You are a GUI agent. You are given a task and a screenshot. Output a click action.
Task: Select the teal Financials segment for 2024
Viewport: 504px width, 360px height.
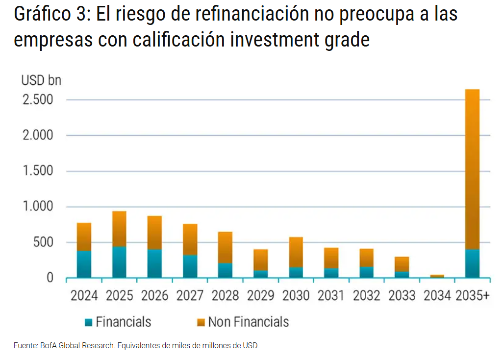[84, 264]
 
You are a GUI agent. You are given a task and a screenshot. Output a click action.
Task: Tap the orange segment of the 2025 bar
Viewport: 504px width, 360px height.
[119, 229]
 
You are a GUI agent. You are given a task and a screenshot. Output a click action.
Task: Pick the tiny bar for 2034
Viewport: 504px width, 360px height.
[437, 276]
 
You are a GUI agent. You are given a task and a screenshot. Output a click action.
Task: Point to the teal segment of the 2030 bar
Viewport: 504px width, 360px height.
[296, 272]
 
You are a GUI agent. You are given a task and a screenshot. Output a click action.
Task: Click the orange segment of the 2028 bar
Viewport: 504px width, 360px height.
[225, 247]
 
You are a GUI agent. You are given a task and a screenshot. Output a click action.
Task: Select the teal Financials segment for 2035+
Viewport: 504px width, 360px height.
[472, 264]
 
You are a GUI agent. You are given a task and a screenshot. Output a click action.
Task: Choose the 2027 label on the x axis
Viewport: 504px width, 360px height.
[190, 296]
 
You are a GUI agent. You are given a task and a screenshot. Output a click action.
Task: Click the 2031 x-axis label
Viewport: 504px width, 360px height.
[331, 296]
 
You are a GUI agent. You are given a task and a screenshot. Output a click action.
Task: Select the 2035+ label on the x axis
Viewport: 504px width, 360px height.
[473, 296]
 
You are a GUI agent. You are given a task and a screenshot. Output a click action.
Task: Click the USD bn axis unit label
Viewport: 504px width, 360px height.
[41, 80]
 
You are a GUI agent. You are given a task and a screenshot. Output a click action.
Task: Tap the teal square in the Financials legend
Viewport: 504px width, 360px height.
[88, 322]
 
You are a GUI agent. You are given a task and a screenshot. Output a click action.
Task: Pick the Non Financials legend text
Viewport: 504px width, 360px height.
[249, 322]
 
